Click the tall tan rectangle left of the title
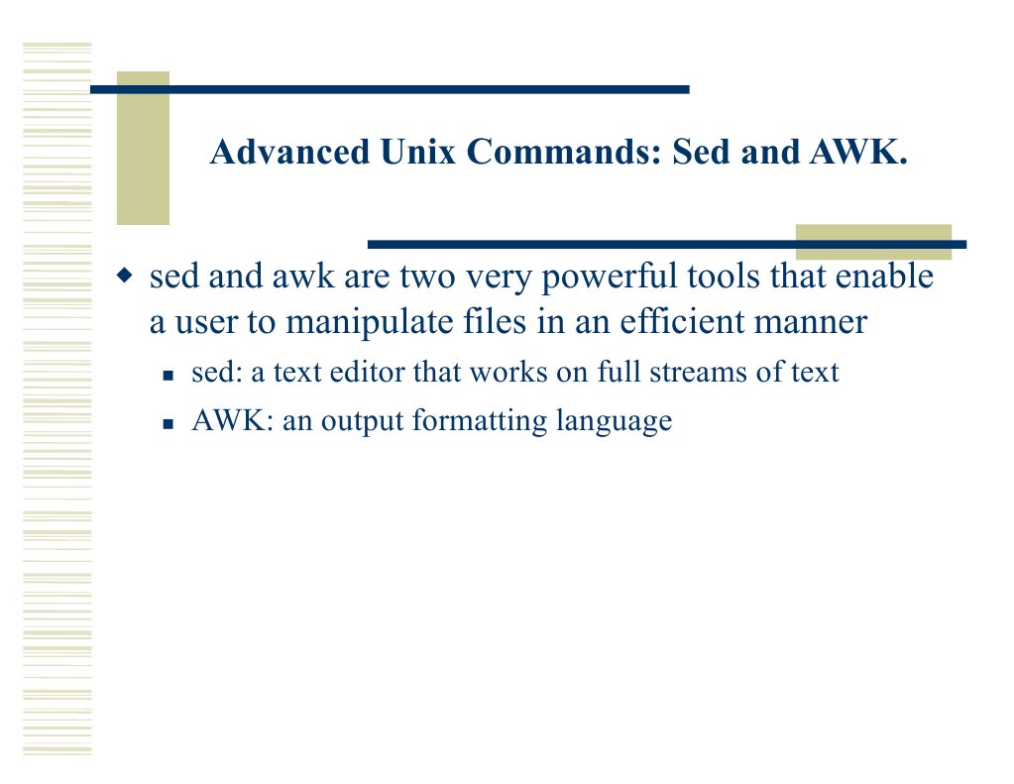(143, 149)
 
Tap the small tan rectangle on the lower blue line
(872, 242)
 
